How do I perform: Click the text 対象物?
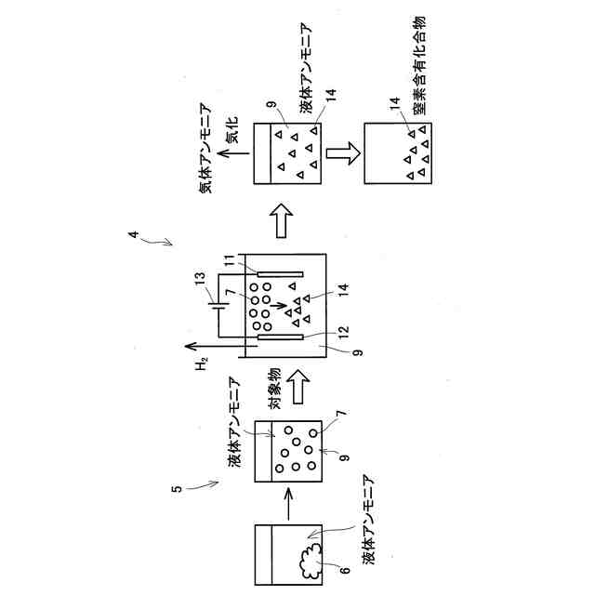click(x=275, y=389)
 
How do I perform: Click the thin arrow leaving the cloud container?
click(x=286, y=507)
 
